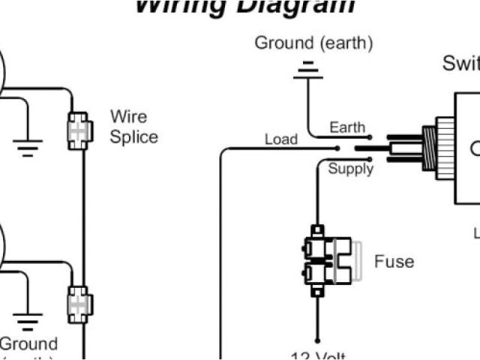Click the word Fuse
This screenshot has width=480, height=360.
(x=394, y=262)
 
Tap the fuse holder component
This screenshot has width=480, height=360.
(x=328, y=259)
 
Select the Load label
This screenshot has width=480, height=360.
(x=280, y=139)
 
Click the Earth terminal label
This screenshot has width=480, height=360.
(x=347, y=127)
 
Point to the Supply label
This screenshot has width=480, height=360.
(x=350, y=169)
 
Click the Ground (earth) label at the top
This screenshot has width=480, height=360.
(x=313, y=43)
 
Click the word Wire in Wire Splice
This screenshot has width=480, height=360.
(x=129, y=117)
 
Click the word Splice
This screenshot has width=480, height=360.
(x=134, y=137)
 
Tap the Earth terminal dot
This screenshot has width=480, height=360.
(x=368, y=137)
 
